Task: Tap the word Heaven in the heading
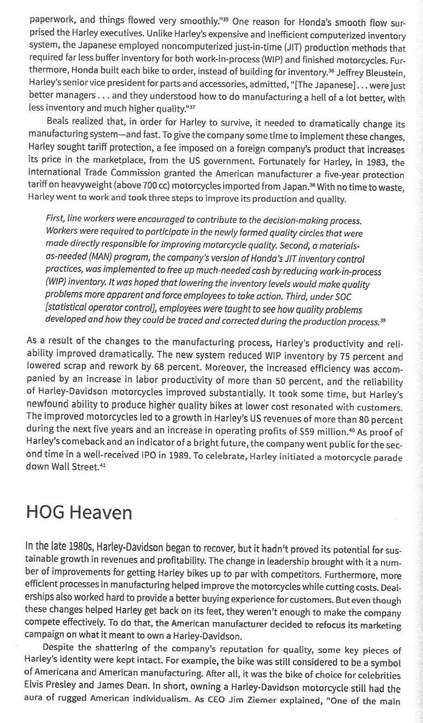pyautogui.click(x=101, y=513)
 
